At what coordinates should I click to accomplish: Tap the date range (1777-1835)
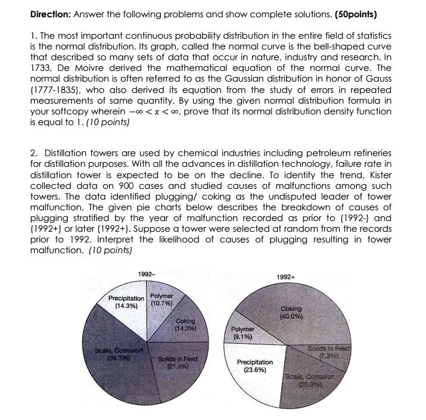[57, 89]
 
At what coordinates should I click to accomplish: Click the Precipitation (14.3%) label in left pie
[126, 301]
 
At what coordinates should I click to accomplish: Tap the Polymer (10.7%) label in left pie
[161, 298]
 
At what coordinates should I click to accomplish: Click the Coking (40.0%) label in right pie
[295, 313]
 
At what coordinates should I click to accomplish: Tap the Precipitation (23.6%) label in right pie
[255, 365]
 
